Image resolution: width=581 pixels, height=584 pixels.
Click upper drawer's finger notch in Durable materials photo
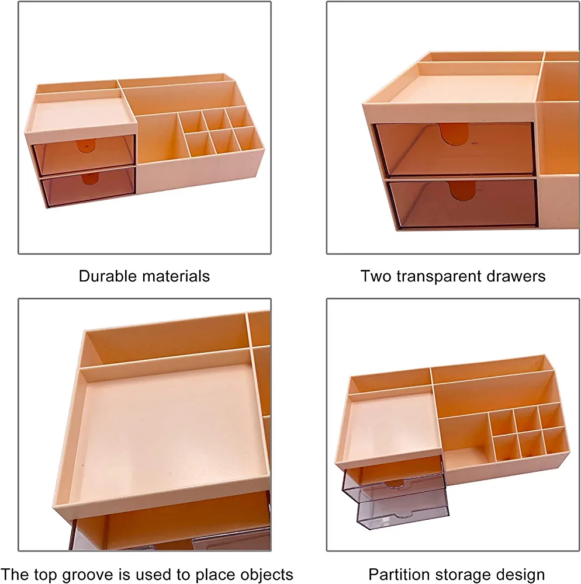coord(86,146)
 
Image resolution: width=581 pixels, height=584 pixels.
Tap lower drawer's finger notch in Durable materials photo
coord(90,178)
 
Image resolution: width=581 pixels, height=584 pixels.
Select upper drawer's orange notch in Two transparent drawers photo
coord(454,133)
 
